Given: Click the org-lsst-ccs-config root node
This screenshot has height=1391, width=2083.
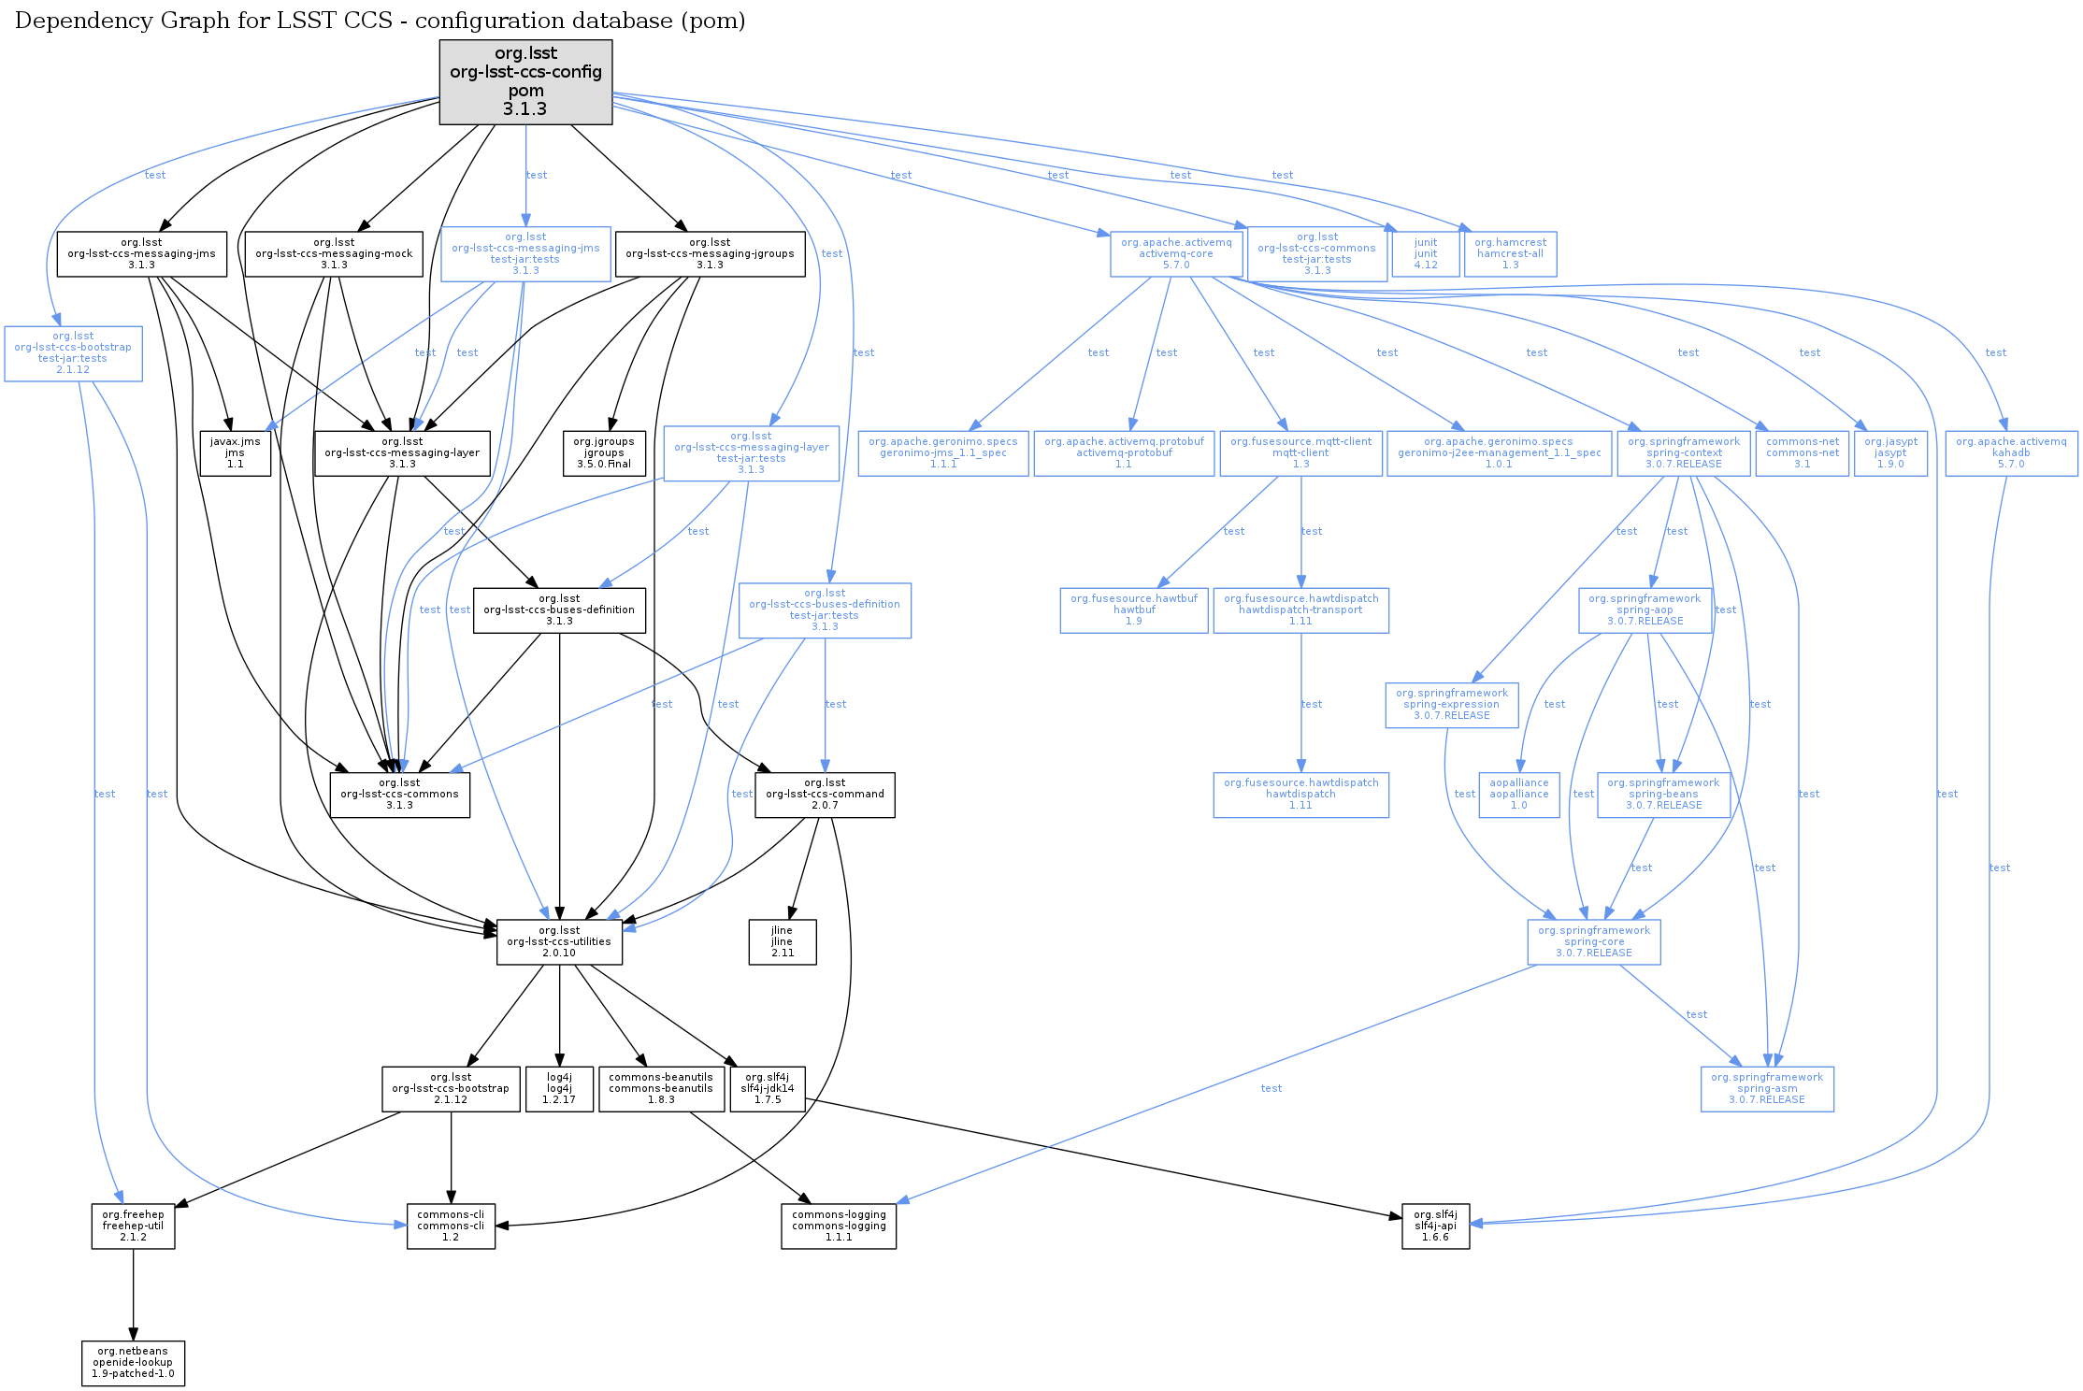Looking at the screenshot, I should (x=525, y=81).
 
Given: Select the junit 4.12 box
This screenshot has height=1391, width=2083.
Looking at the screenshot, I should (x=1425, y=253).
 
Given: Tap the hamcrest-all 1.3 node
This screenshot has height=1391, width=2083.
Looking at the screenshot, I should (x=1510, y=253).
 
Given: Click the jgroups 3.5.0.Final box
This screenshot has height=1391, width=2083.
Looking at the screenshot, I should (x=604, y=452).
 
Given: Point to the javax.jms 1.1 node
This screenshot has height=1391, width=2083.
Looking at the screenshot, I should (x=235, y=452).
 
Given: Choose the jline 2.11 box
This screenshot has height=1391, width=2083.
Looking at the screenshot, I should (x=782, y=941).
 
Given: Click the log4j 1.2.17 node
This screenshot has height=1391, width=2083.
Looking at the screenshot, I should (x=559, y=1088).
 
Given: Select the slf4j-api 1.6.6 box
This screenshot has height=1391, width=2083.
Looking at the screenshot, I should (x=1435, y=1226).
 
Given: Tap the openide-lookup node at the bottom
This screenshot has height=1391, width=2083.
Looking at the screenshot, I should (x=133, y=1362).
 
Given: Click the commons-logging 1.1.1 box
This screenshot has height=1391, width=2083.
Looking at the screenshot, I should (x=839, y=1226).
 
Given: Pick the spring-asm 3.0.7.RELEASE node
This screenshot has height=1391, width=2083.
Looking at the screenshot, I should (x=1766, y=1088).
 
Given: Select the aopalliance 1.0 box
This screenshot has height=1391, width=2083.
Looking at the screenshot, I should (x=1518, y=794).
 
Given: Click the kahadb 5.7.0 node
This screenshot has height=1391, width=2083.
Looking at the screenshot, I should (x=2010, y=452).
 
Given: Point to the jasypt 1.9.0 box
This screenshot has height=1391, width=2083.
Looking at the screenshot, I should (x=1889, y=452).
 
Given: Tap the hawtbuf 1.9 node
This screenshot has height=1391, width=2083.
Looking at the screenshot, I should (x=1133, y=609).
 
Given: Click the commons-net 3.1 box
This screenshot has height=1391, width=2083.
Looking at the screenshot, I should (x=1802, y=452).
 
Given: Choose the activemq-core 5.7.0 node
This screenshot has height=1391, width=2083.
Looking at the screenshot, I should (x=1176, y=253).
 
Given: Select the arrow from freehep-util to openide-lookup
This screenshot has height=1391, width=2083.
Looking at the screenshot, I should (x=133, y=1295).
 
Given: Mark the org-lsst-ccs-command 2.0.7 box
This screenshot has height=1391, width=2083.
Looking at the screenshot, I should (x=825, y=794).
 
